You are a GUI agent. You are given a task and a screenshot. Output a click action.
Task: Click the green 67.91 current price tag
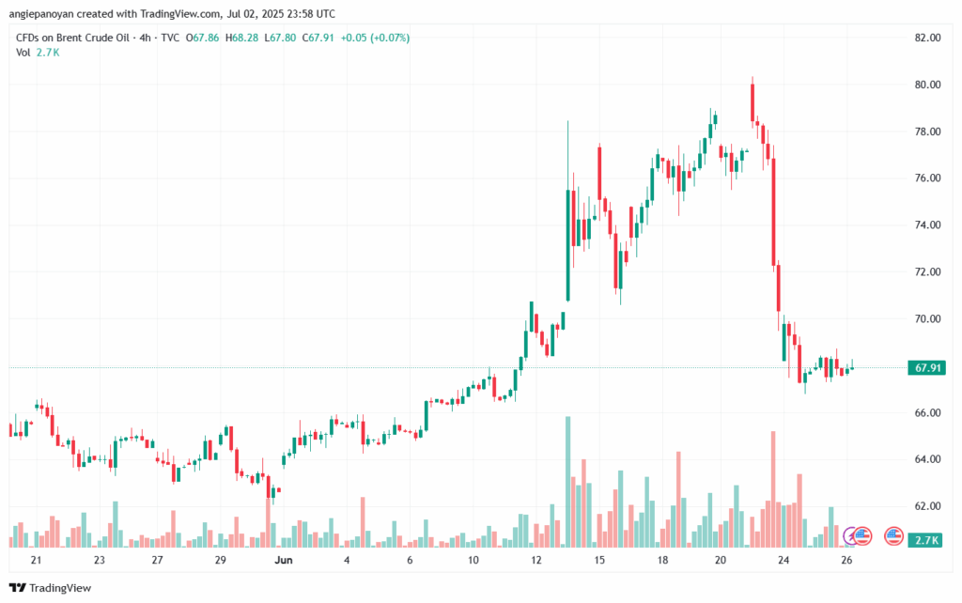click(928, 368)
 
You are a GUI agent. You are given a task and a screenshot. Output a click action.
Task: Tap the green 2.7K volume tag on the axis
click(928, 540)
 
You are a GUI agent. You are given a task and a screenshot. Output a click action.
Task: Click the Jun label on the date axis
click(284, 560)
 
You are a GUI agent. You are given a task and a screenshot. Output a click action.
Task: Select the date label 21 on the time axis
click(36, 560)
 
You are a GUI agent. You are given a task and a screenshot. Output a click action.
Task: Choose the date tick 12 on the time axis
click(535, 560)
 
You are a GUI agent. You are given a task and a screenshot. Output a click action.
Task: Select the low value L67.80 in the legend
click(281, 38)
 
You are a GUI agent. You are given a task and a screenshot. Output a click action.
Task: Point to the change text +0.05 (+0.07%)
click(376, 38)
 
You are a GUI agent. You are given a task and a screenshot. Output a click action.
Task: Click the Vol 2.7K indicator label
click(38, 53)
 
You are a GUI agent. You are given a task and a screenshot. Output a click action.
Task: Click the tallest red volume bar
click(773, 488)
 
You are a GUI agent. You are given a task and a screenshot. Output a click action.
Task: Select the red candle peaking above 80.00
click(753, 103)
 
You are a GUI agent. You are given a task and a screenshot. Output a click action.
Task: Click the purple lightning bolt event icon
click(853, 536)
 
